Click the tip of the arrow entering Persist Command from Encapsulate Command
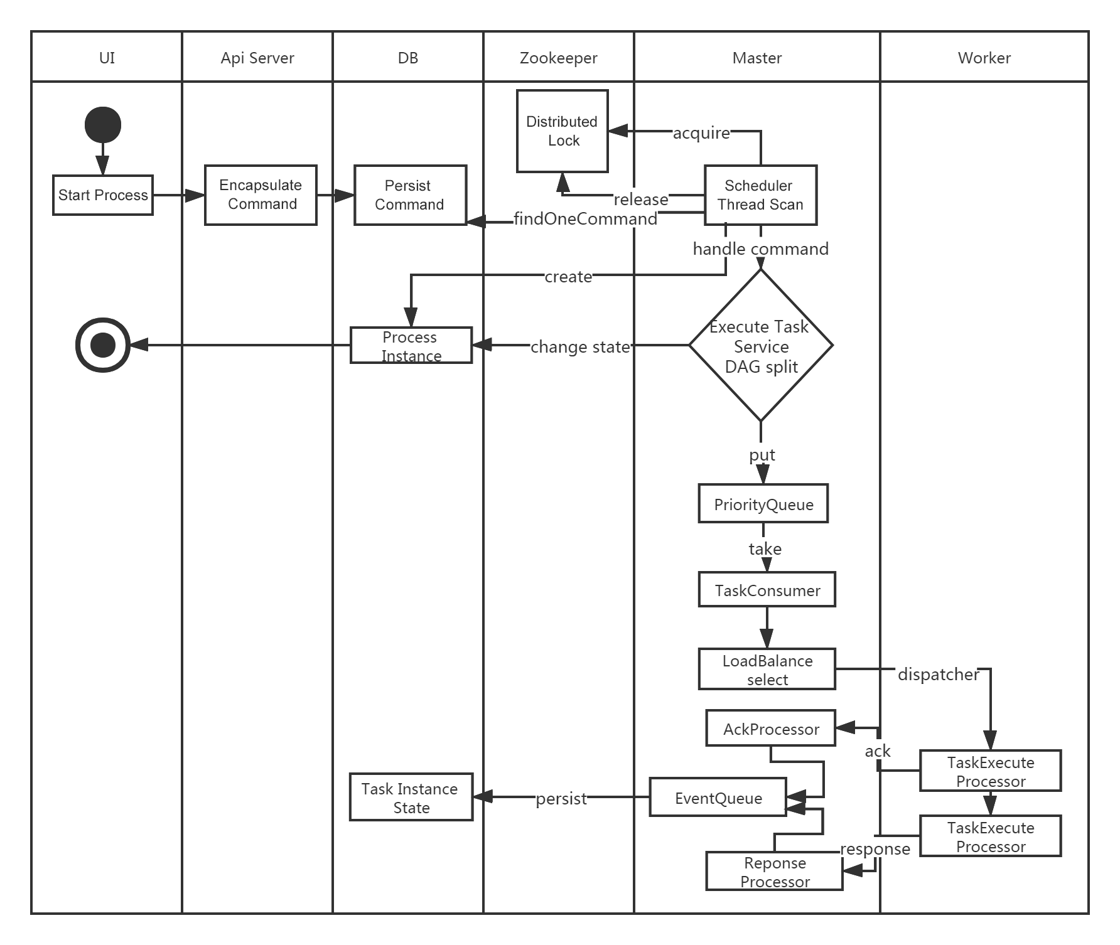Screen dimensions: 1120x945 [x=355, y=195]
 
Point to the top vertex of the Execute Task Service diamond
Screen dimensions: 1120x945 [x=761, y=270]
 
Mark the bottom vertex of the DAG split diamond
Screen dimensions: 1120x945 [x=761, y=420]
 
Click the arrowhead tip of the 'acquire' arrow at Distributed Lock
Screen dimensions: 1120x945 [x=609, y=131]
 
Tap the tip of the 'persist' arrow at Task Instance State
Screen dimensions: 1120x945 [x=473, y=797]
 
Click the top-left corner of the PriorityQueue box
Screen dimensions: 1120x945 [x=699, y=484]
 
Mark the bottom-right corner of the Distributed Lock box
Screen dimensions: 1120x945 [x=608, y=171]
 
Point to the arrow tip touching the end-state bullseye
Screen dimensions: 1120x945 [x=129, y=344]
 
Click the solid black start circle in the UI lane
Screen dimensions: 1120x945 [x=103, y=125]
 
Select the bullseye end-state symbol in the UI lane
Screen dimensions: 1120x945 [x=103, y=344]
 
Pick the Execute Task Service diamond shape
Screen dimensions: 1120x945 [x=761, y=345]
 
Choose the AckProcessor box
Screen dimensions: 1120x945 [x=771, y=728]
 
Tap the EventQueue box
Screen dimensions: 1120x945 [x=718, y=797]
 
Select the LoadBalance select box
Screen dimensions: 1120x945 [x=767, y=669]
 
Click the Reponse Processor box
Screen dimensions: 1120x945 [x=775, y=871]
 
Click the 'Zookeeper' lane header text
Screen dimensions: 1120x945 [x=559, y=58]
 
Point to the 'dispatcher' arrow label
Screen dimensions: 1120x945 [x=939, y=675]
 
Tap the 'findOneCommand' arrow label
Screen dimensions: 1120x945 [x=586, y=219]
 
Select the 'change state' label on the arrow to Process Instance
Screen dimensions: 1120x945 [x=580, y=347]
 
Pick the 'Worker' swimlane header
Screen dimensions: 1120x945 [x=984, y=58]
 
